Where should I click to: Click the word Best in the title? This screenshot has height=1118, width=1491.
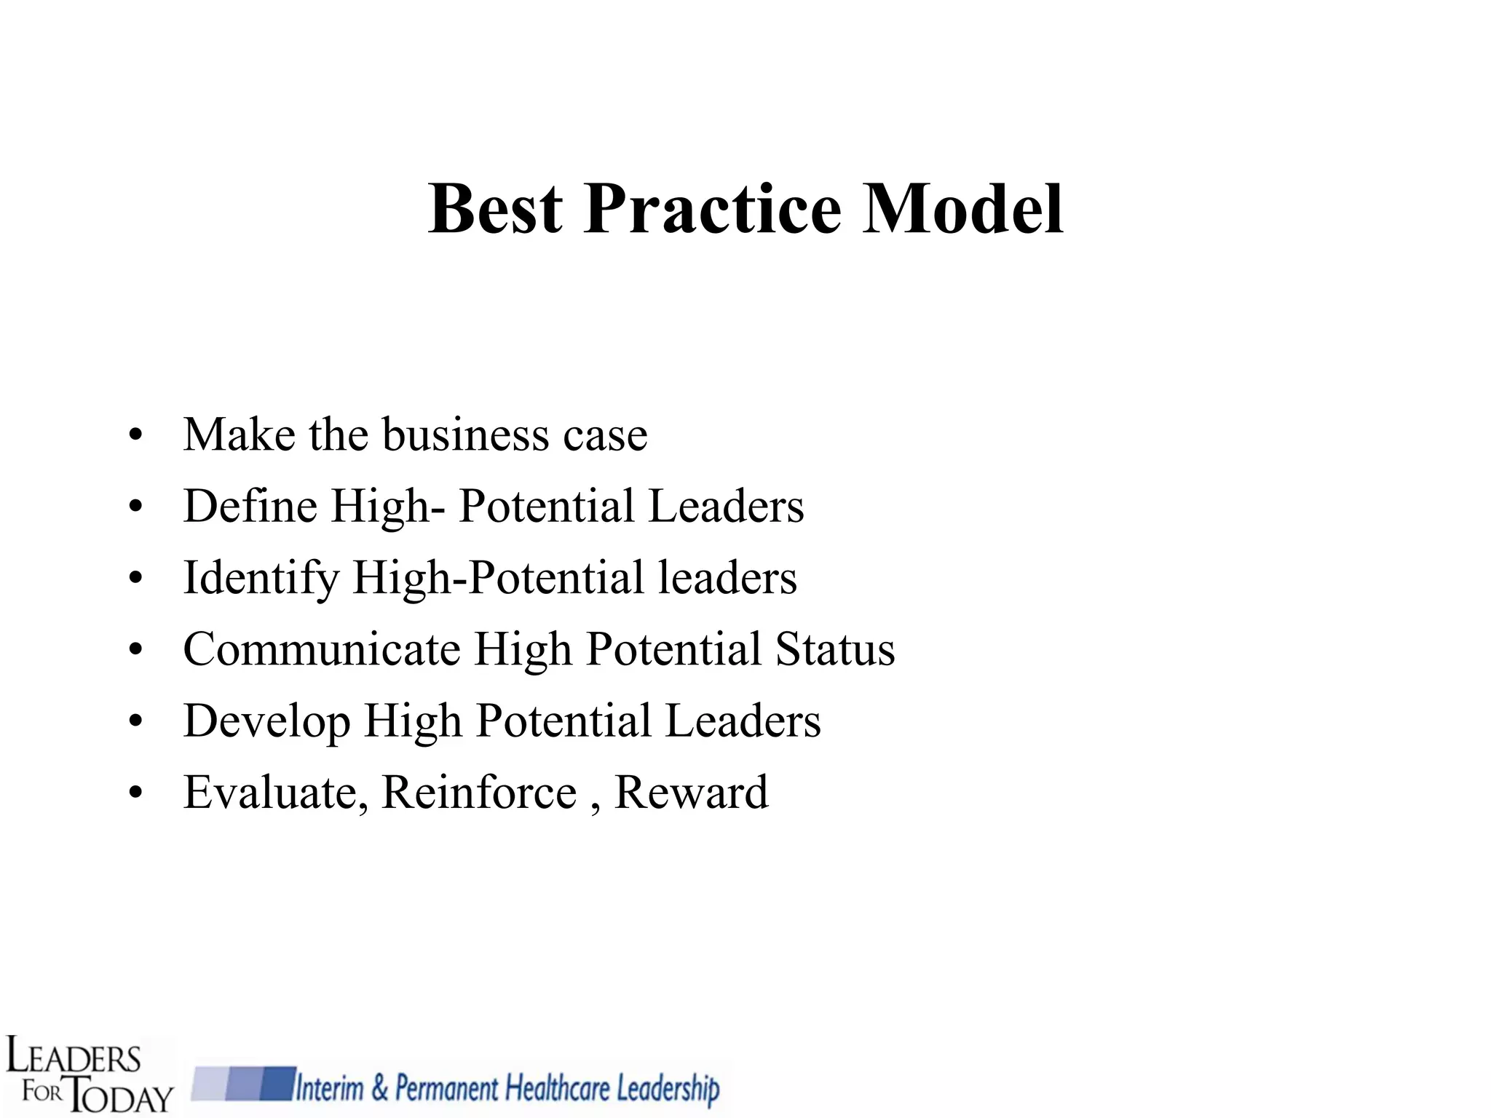point(495,209)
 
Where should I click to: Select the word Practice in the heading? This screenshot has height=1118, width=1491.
point(712,209)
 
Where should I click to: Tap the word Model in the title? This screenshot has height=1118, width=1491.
point(962,209)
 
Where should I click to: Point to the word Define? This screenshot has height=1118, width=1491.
point(250,506)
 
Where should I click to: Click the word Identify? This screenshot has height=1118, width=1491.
point(261,579)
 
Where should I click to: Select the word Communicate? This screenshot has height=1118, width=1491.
point(322,649)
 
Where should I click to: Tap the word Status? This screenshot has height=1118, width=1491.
point(834,649)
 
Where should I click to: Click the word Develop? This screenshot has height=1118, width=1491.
point(266,721)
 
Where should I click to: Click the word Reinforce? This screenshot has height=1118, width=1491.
point(479,793)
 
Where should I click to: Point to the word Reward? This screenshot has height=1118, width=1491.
point(691,793)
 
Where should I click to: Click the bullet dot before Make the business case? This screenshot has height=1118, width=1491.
point(135,437)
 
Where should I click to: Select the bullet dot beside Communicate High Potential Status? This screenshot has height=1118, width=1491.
point(135,651)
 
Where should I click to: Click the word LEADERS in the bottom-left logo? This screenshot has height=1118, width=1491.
point(73,1058)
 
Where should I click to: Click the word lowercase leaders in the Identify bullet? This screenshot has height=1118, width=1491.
point(727,577)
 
